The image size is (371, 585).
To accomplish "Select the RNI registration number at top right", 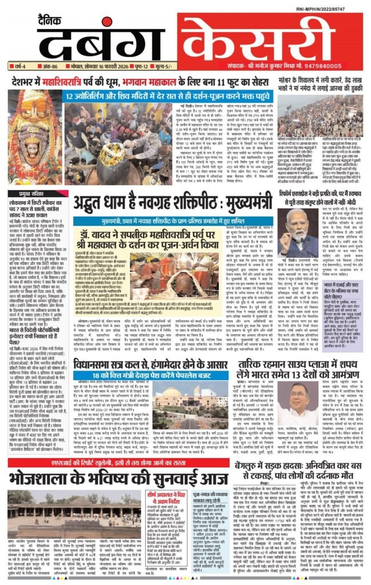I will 337,10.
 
